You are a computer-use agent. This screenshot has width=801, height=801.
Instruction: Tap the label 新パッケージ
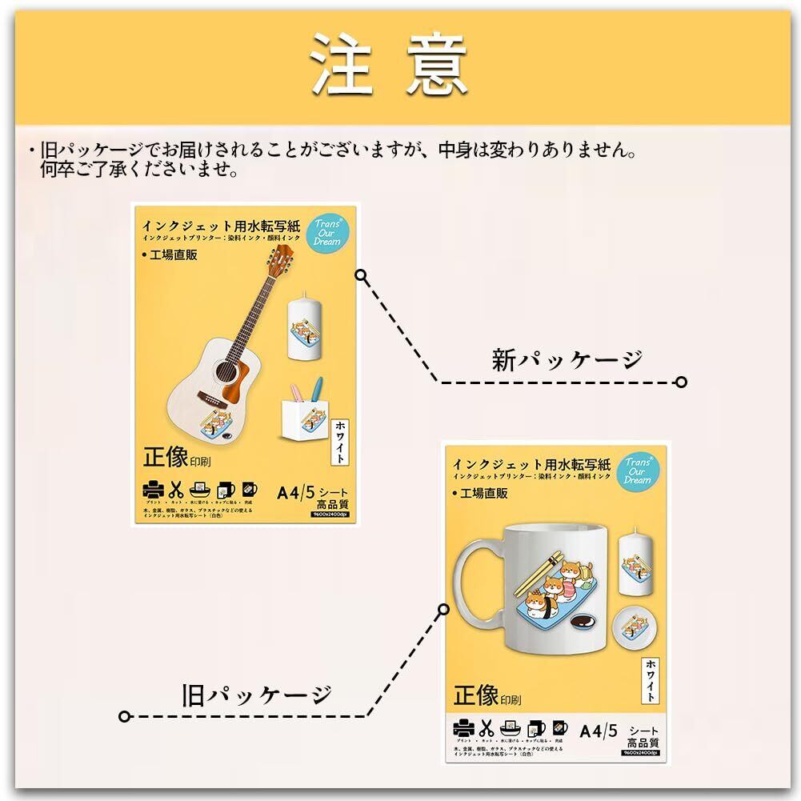pos(567,360)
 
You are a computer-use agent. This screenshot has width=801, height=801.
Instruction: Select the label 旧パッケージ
pos(255,694)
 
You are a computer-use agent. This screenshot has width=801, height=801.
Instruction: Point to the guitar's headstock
pos(280,255)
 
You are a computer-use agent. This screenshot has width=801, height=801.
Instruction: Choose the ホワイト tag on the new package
pos(340,441)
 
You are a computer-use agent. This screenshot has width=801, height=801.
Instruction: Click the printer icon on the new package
pos(152,490)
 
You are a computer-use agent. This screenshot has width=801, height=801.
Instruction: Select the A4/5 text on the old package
pos(598,730)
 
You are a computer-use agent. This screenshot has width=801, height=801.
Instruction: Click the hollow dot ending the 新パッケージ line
pos(681,382)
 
